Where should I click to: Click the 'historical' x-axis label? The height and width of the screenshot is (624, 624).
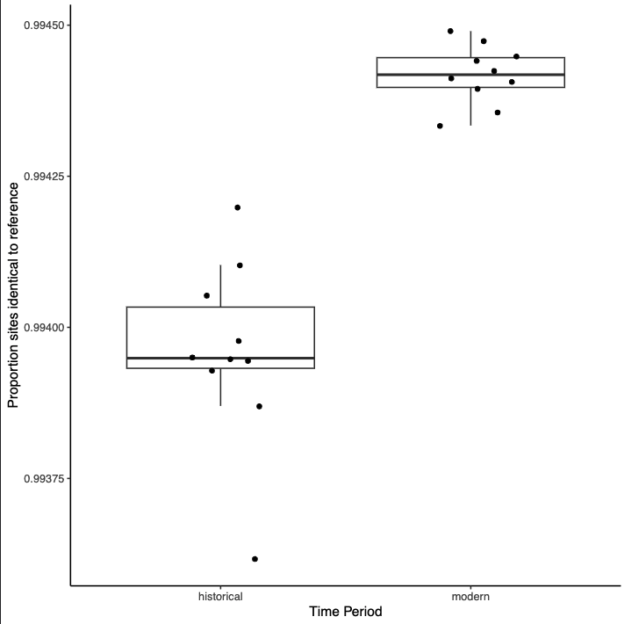coord(220,596)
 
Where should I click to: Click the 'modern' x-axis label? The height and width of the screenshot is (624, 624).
coord(470,596)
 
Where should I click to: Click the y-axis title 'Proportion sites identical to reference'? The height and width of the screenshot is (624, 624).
coord(13,295)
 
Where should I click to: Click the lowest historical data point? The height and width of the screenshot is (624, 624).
coord(255,559)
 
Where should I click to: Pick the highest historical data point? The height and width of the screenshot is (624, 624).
coord(238,207)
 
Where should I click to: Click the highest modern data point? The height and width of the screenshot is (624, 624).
coord(450,31)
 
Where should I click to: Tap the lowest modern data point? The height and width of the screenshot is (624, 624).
coord(440,126)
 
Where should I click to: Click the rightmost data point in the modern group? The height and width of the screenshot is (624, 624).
coord(516,56)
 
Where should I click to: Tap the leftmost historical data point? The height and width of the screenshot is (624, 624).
coord(192,358)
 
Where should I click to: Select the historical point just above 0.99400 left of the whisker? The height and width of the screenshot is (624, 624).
coord(206,295)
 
